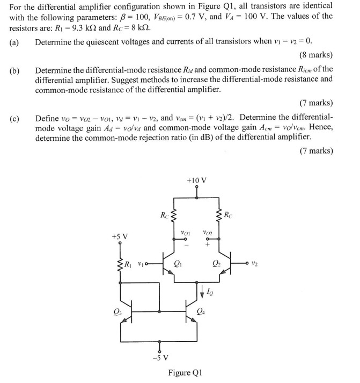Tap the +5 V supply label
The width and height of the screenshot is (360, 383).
tap(120, 236)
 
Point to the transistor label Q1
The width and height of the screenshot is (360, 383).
tap(179, 264)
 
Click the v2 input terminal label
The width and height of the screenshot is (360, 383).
tap(259, 263)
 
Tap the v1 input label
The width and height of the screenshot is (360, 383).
tap(141, 264)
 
